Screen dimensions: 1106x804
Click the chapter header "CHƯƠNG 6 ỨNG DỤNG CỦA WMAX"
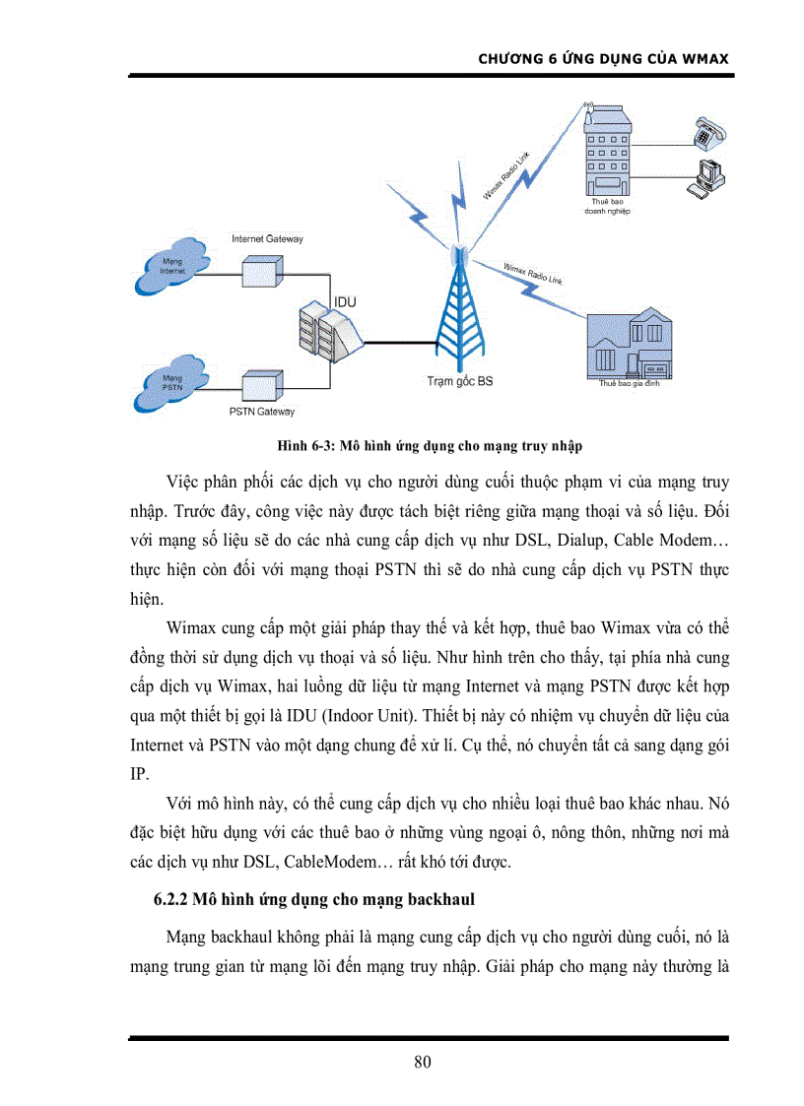click(x=602, y=58)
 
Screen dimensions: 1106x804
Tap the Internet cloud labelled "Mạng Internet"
click(x=173, y=265)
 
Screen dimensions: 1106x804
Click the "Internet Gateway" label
click(x=267, y=239)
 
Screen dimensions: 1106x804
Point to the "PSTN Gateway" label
click(x=261, y=412)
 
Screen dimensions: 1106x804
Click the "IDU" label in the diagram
click(x=345, y=301)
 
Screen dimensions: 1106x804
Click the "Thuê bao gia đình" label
click(x=629, y=383)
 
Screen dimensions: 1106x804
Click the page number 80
click(x=423, y=1062)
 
